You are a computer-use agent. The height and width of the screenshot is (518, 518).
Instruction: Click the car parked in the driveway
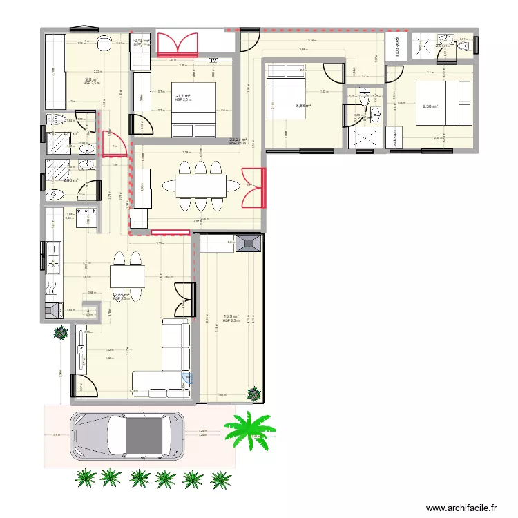tap(127, 435)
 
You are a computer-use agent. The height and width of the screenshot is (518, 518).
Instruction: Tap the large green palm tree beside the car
tap(250, 431)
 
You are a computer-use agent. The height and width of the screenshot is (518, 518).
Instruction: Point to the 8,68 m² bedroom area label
tap(303, 106)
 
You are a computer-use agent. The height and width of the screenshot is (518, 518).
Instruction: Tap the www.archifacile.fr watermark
tap(461, 508)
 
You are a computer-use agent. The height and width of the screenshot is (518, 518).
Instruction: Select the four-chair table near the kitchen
tap(127, 276)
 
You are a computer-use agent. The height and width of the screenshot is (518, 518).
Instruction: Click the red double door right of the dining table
tap(252, 187)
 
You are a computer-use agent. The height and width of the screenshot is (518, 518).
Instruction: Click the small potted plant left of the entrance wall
tap(61, 332)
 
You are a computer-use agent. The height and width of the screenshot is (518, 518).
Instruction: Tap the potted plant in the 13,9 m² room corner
tap(255, 394)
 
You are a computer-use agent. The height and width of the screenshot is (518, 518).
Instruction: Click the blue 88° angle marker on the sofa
tap(186, 377)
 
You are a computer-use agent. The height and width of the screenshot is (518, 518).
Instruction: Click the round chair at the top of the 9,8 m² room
tap(104, 43)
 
